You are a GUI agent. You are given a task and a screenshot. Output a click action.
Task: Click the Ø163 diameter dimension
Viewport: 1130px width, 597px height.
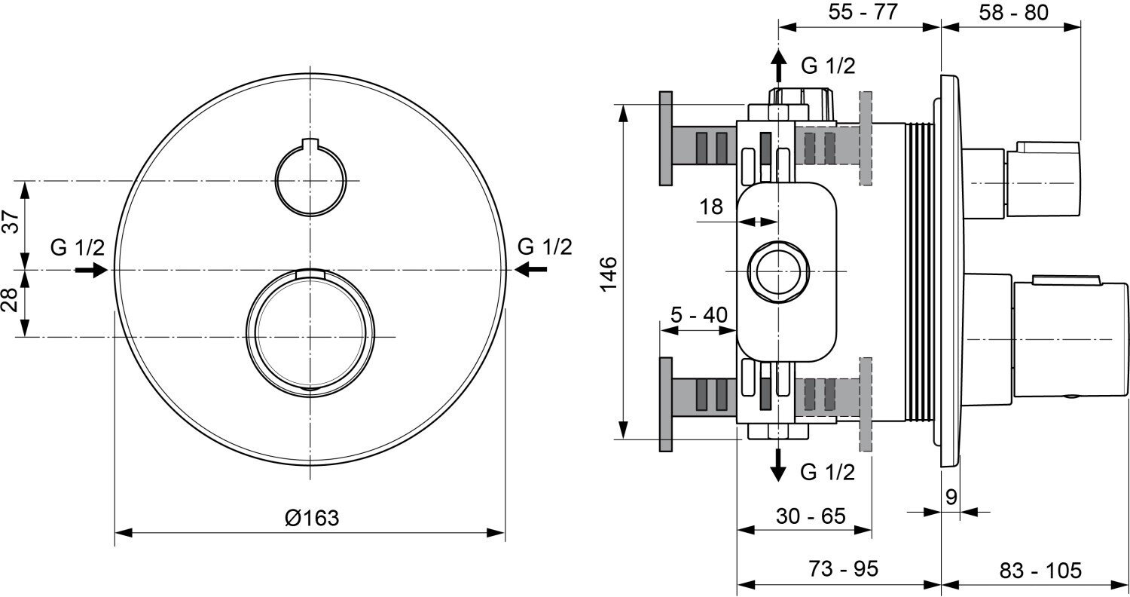click(x=311, y=518)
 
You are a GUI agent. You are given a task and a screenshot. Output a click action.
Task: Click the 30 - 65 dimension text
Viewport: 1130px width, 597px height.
click(x=811, y=516)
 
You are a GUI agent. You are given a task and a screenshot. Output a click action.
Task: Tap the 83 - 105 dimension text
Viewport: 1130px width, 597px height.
click(x=1041, y=569)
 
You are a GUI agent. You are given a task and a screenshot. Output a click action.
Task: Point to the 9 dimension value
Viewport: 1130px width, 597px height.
click(x=951, y=497)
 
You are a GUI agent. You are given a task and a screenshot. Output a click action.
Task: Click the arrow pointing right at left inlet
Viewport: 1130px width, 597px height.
click(x=91, y=269)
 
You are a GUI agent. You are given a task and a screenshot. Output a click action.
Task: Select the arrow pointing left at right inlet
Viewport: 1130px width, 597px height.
click(x=531, y=268)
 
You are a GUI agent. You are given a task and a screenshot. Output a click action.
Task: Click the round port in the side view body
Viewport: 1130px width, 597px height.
click(x=777, y=271)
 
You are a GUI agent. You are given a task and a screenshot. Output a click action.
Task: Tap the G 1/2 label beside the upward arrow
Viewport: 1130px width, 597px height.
click(x=828, y=66)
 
